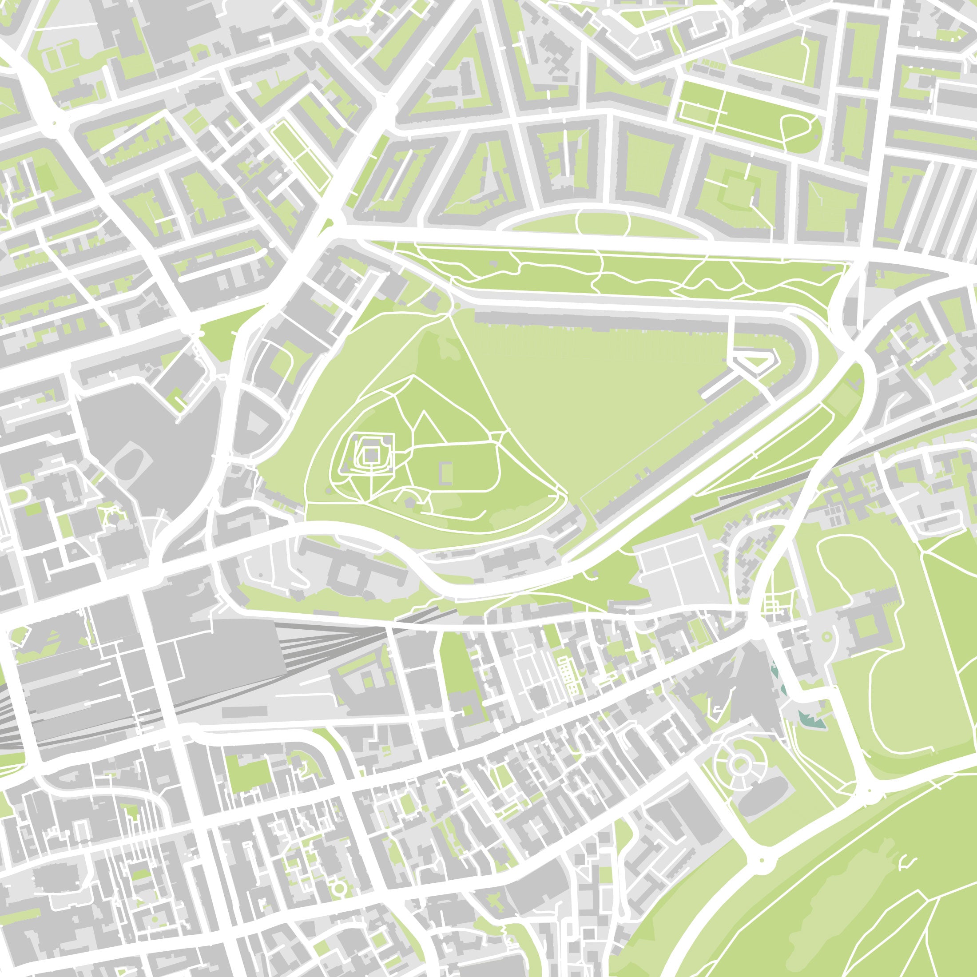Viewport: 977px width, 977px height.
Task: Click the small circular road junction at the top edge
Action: pyautogui.click(x=318, y=33)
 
